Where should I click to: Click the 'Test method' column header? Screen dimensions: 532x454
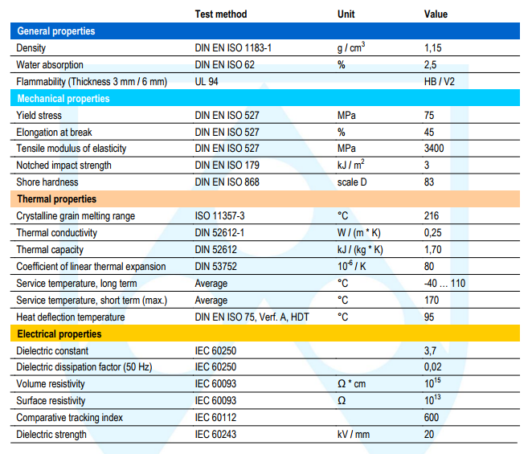tap(221, 14)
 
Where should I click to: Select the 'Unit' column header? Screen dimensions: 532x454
tap(346, 14)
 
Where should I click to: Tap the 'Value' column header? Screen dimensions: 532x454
tap(436, 14)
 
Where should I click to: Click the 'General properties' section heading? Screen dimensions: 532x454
tap(56, 31)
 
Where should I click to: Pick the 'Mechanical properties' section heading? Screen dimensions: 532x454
tap(63, 99)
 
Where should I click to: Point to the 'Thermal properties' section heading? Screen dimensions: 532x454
tap(57, 199)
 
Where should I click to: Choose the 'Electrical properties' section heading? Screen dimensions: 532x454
tap(59, 334)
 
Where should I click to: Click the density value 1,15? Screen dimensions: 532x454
tap(432, 48)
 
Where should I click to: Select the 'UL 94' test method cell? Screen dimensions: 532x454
tap(207, 82)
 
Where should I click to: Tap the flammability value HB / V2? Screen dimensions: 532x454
tap(439, 82)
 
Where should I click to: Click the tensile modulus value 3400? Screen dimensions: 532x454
tap(434, 149)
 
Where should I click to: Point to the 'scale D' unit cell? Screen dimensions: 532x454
tap(352, 182)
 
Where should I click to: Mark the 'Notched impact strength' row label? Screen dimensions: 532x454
tap(63, 166)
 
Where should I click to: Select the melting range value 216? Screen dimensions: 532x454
tap(432, 216)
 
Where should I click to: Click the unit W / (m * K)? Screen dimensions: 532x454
tap(359, 233)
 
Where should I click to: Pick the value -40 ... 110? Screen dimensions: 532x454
tap(444, 284)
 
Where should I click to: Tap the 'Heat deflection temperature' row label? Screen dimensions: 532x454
tap(71, 317)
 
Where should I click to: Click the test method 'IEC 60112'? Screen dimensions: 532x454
tap(215, 417)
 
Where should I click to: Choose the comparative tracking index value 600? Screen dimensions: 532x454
tap(432, 417)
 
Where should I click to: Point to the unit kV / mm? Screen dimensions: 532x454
tap(354, 435)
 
